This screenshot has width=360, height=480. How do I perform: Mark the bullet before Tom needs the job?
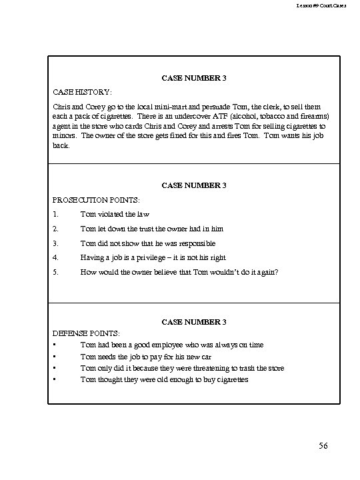53,356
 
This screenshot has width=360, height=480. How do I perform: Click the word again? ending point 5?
265,272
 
